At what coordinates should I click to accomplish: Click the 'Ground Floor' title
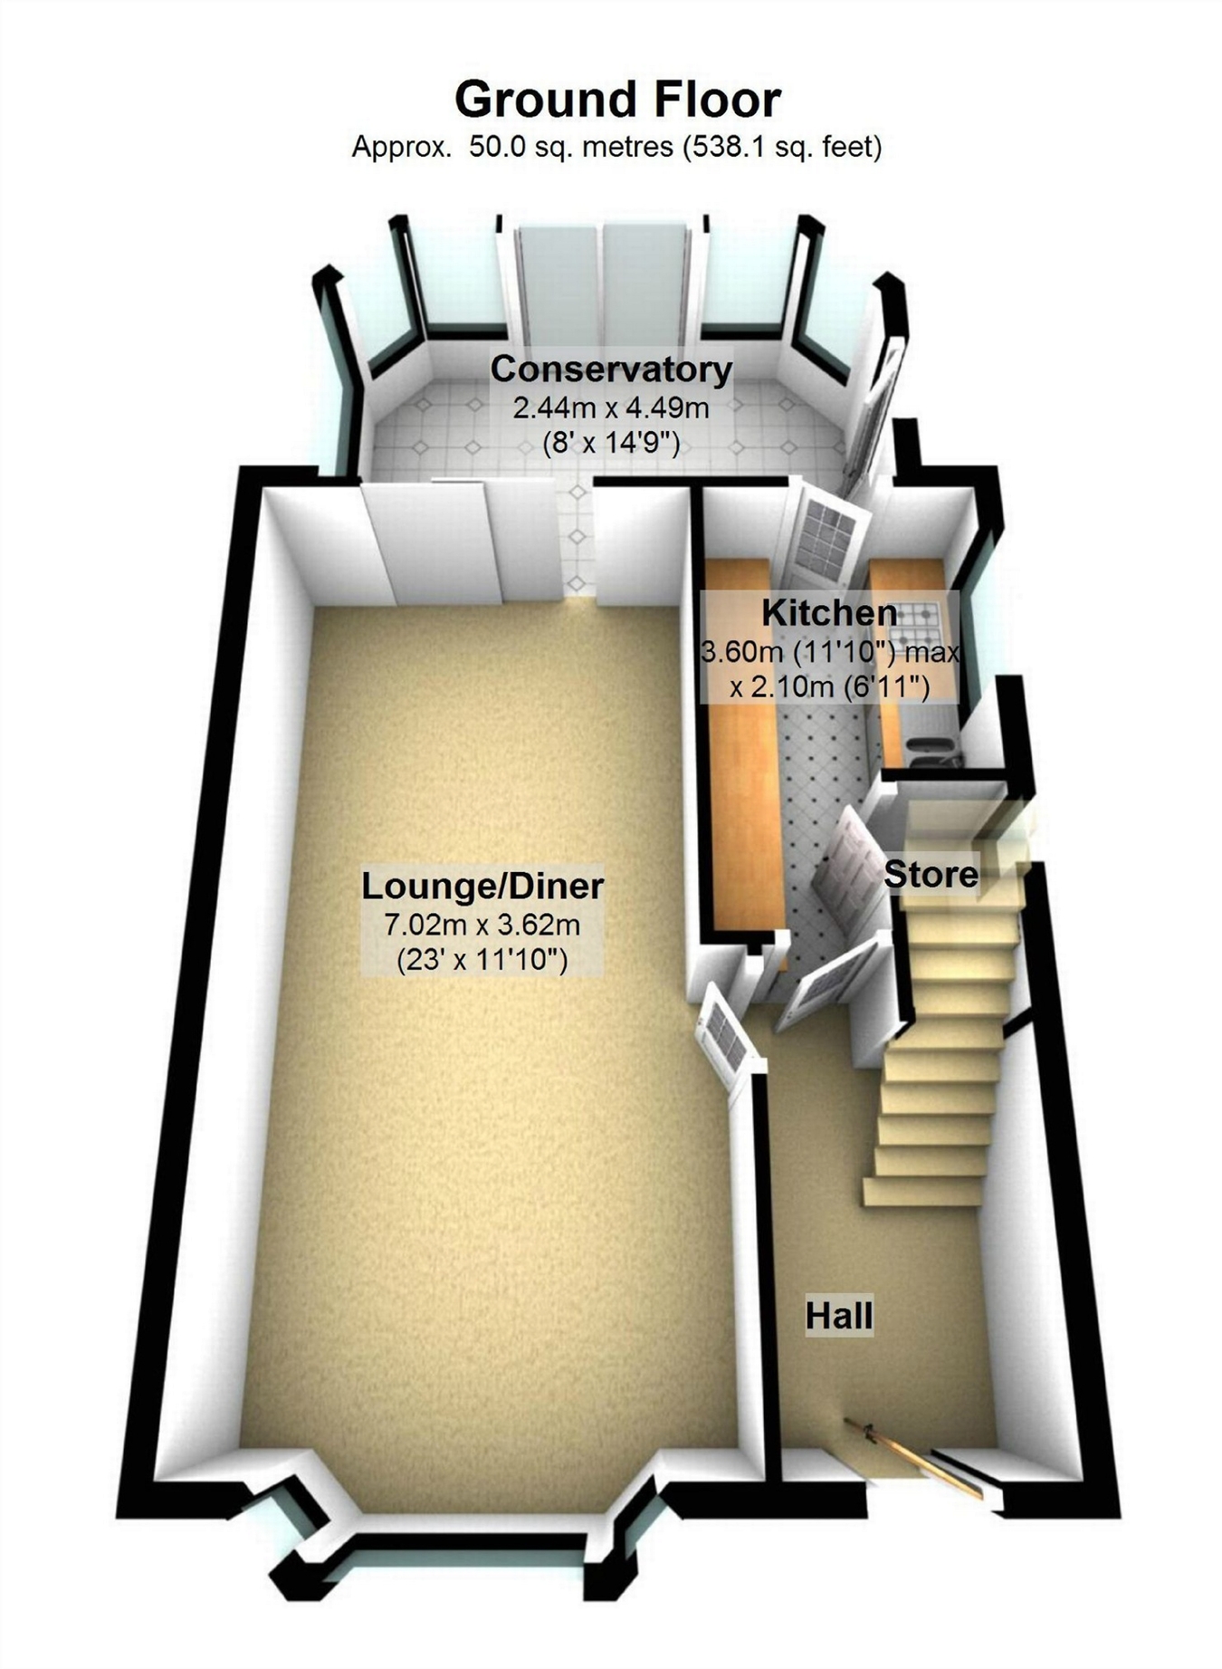point(617,100)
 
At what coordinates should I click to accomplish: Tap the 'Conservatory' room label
point(611,369)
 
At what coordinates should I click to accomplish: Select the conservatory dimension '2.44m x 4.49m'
point(611,408)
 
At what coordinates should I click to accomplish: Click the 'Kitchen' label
point(829,613)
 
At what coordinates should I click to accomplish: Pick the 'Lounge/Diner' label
point(482,886)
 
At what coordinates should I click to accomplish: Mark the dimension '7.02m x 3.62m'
point(482,925)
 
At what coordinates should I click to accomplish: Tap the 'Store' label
point(931,875)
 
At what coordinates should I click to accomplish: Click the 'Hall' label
point(839,1316)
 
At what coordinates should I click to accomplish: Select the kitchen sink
point(928,748)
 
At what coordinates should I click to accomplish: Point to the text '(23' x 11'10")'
point(482,959)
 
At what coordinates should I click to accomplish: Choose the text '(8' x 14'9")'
point(611,444)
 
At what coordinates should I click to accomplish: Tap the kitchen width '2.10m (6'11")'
point(830,687)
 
